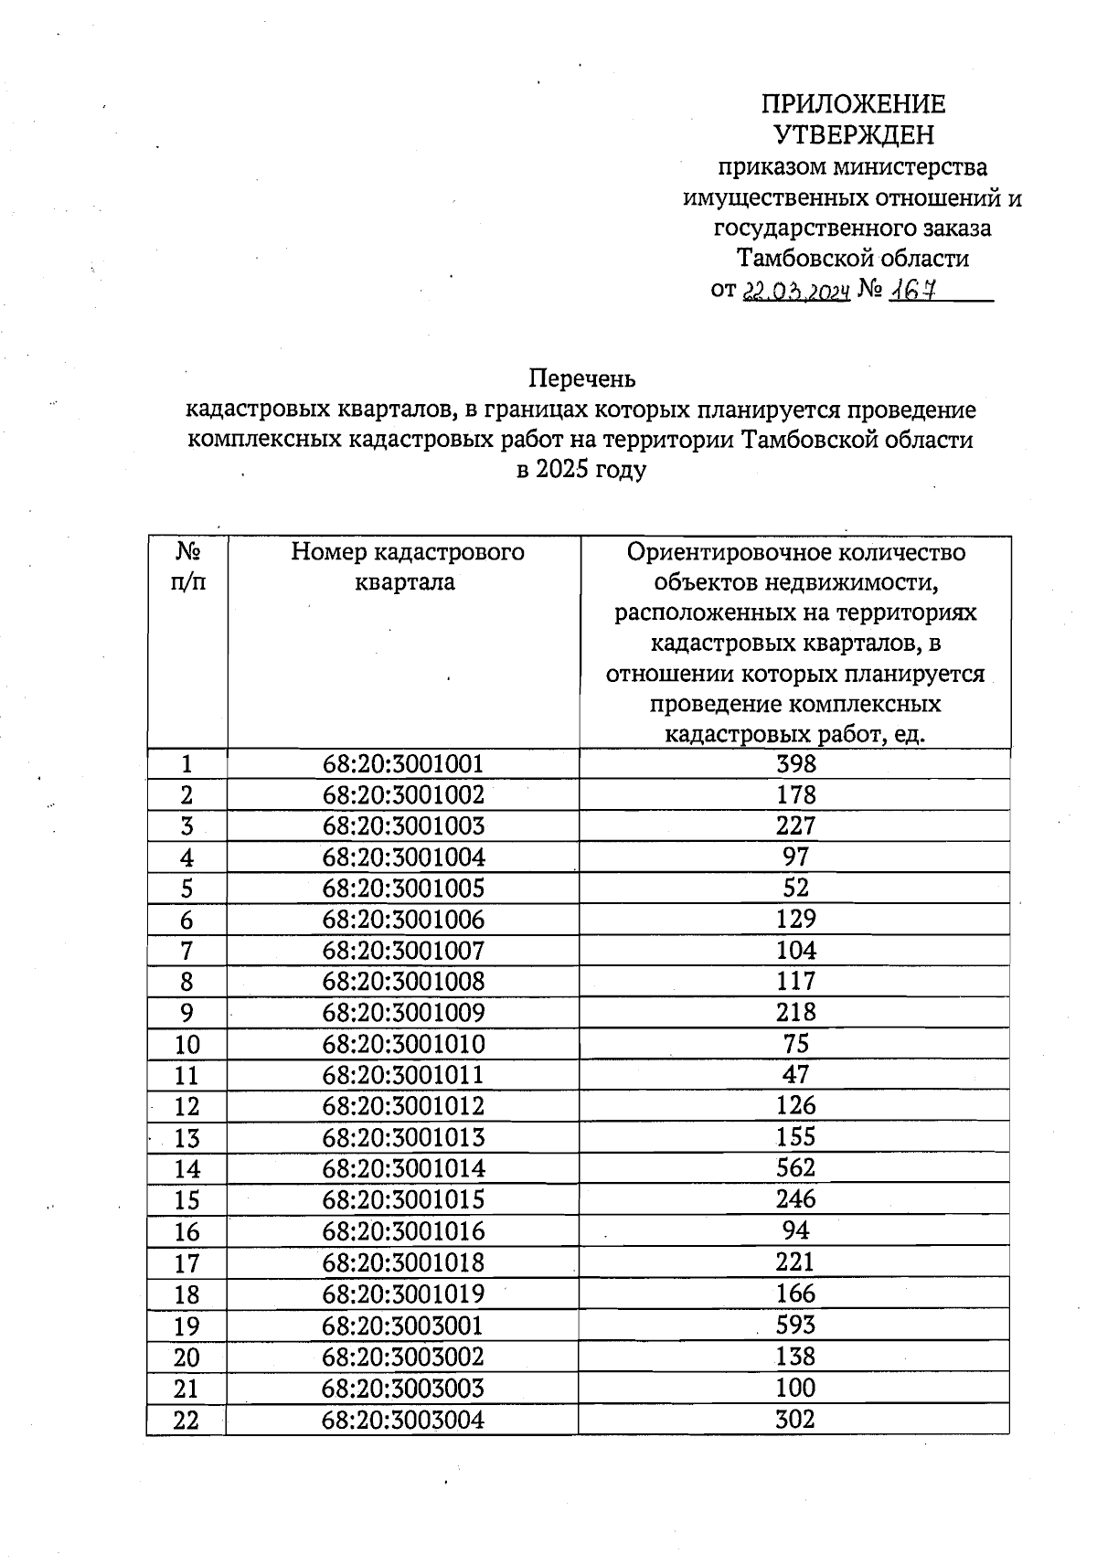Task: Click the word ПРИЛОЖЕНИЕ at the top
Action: click(x=854, y=104)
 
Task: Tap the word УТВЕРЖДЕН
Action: click(x=854, y=135)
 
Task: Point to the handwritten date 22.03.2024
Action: click(x=795, y=291)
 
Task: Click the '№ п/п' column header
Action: click(x=187, y=567)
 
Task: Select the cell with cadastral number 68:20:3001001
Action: click(x=403, y=764)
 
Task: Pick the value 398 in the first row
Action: click(x=794, y=764)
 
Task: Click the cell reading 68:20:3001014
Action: click(x=403, y=1168)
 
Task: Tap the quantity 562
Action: click(x=794, y=1168)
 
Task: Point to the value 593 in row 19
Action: click(x=794, y=1325)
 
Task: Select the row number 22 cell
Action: click(x=186, y=1420)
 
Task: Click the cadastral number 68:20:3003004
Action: click(x=403, y=1420)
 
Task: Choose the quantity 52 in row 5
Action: click(x=794, y=888)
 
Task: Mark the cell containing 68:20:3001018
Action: click(x=403, y=1262)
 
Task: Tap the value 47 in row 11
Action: click(x=794, y=1075)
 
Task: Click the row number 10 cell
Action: click(x=186, y=1044)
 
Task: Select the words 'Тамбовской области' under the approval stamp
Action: click(x=853, y=259)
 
